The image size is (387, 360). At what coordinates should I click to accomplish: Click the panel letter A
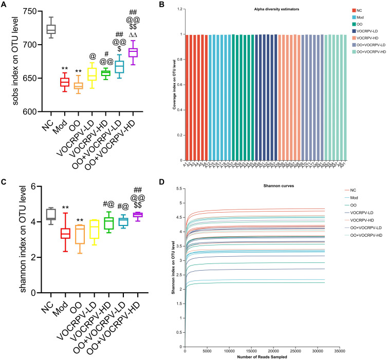(5, 5)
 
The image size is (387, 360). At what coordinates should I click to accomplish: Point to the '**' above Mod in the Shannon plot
(65, 208)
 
